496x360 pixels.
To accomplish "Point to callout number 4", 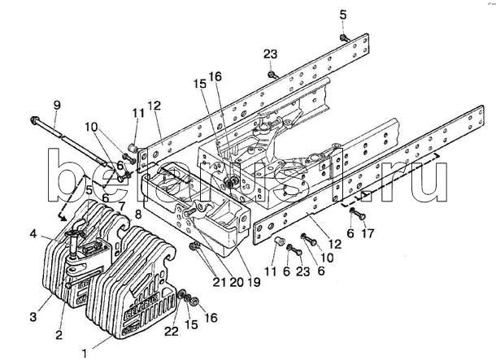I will click(x=33, y=235).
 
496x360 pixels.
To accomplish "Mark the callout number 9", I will click(x=56, y=104).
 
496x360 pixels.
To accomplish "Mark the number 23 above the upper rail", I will click(x=271, y=54).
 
